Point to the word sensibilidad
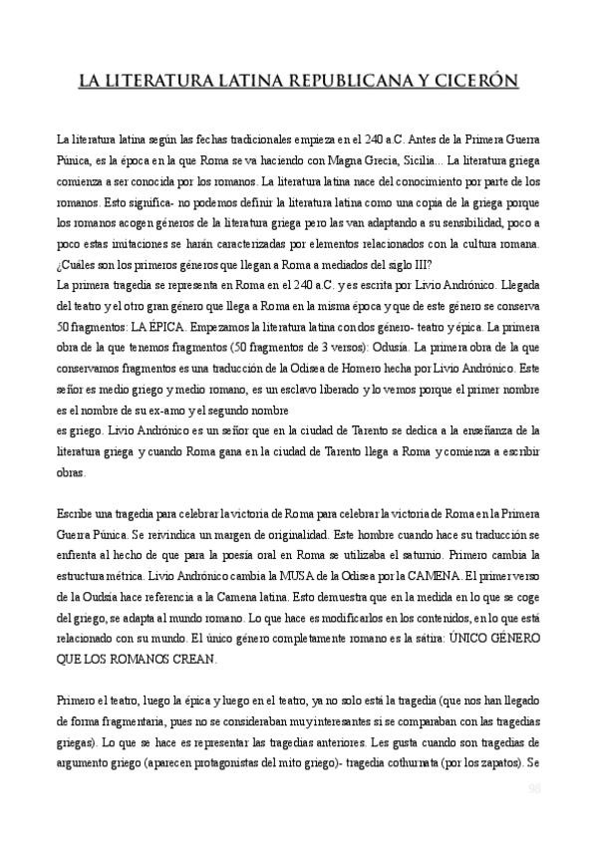click(x=480, y=224)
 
